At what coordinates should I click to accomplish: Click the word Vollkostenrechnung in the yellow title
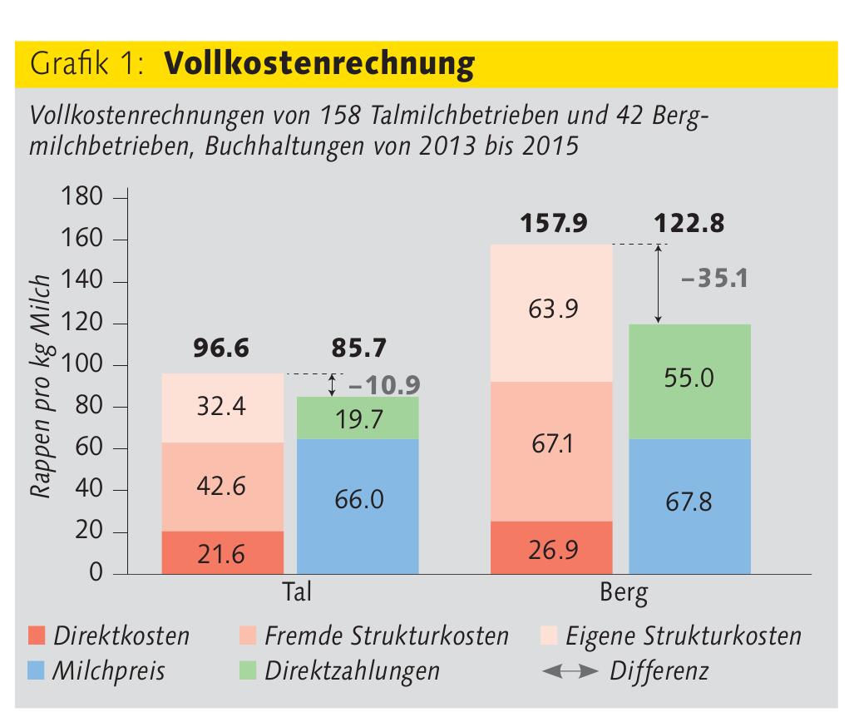click(319, 64)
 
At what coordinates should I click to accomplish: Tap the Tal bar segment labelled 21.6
click(222, 552)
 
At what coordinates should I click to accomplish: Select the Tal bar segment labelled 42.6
click(222, 487)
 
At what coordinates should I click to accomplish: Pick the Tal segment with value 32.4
click(222, 408)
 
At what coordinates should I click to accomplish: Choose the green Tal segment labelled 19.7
click(358, 418)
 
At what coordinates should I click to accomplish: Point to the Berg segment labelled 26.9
click(551, 547)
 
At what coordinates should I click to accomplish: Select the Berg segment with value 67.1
click(551, 451)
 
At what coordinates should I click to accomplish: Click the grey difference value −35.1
click(713, 279)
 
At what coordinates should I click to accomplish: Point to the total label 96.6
click(222, 348)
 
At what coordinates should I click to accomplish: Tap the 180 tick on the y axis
click(82, 199)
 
